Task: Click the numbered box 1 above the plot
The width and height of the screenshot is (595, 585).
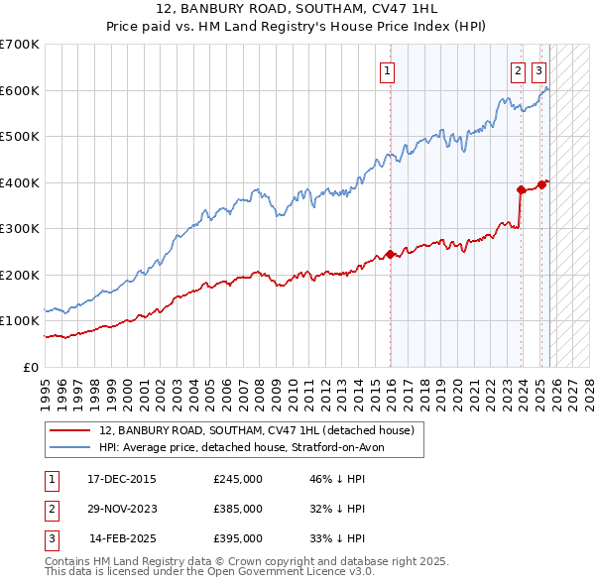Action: click(x=386, y=70)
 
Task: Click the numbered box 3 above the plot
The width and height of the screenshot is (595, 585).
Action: click(x=538, y=70)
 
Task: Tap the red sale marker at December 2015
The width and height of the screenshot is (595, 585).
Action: click(x=391, y=254)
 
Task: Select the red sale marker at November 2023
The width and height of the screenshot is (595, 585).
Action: click(x=521, y=189)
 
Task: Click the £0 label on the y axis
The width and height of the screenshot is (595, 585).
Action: click(x=32, y=367)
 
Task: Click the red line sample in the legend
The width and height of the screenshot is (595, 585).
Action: click(x=70, y=430)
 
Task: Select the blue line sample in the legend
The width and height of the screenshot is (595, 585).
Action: click(x=70, y=447)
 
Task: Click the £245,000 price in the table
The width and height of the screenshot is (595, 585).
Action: click(x=238, y=479)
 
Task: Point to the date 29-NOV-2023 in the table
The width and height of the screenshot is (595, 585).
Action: click(x=122, y=509)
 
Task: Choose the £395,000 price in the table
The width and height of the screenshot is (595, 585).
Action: click(x=238, y=538)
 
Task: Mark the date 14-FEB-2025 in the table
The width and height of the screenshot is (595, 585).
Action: click(x=122, y=538)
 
